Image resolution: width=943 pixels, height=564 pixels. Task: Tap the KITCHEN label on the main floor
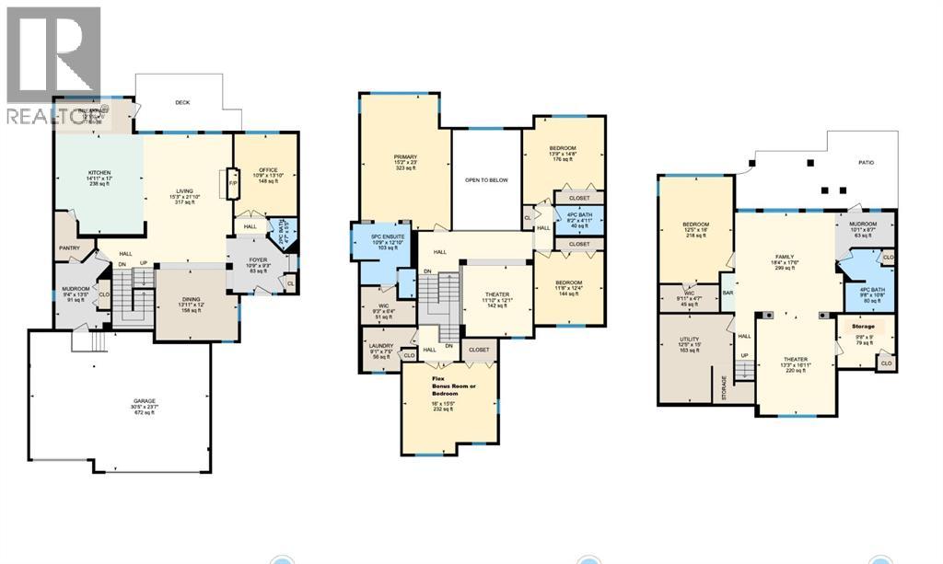[x=99, y=172]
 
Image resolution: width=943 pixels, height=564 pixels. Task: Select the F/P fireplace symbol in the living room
[x=232, y=183]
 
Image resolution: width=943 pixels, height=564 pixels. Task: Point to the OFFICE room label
[x=268, y=169]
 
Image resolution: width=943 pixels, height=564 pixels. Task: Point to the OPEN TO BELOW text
[x=486, y=180]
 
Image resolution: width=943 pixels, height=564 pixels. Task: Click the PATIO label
[x=860, y=163]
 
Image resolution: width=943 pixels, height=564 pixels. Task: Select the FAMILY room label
[x=784, y=257]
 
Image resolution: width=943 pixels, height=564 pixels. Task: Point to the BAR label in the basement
[x=728, y=294]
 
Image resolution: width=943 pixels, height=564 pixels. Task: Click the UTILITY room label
[x=690, y=339]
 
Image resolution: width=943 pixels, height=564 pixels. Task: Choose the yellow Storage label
[x=862, y=327]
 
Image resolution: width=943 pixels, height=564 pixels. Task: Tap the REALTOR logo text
[x=53, y=116]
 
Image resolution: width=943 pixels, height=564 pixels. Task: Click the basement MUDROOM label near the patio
[x=863, y=224]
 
